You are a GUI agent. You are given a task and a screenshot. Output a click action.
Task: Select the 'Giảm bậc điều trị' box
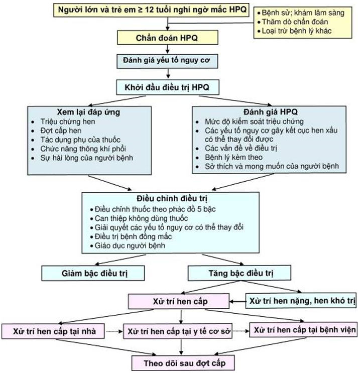point(93,273)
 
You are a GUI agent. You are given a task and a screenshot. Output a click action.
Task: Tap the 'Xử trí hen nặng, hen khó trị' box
point(302,302)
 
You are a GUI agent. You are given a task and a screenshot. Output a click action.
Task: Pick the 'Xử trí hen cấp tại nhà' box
point(53,331)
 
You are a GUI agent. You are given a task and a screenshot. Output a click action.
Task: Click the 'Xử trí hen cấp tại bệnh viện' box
point(305,330)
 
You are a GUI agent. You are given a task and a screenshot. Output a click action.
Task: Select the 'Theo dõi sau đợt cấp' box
point(183,362)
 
